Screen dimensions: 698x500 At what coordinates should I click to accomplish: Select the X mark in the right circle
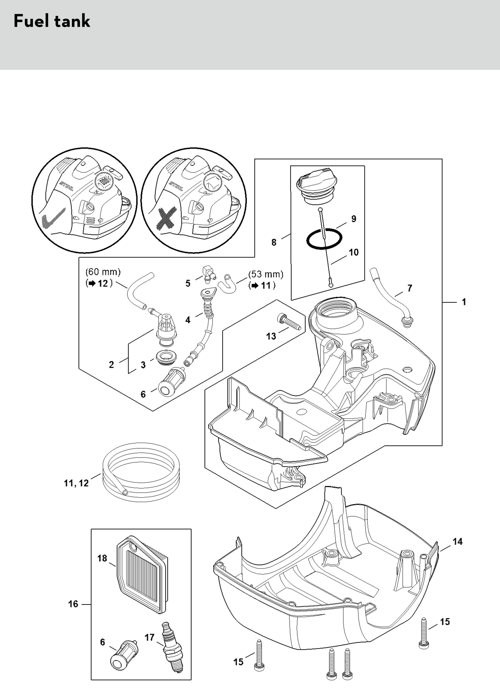(166, 219)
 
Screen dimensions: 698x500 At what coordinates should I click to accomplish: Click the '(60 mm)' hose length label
(103, 272)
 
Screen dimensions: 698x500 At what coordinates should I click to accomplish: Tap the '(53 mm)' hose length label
(266, 274)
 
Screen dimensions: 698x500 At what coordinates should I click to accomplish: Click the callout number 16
(73, 604)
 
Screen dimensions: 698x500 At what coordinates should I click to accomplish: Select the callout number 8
(274, 242)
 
